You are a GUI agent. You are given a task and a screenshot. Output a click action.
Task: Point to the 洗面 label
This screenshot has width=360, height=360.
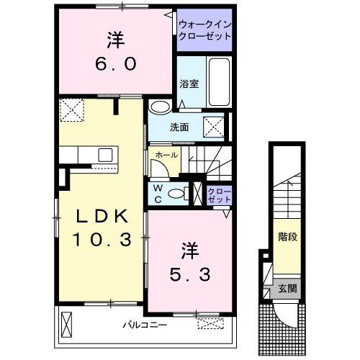(x=179, y=128)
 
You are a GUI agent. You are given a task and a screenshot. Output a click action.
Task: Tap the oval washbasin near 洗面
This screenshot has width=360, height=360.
(x=161, y=107)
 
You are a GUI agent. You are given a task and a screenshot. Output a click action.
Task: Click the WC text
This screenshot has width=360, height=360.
(x=157, y=194)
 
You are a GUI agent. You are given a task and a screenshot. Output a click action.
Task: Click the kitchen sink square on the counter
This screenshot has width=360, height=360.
(x=106, y=154)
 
